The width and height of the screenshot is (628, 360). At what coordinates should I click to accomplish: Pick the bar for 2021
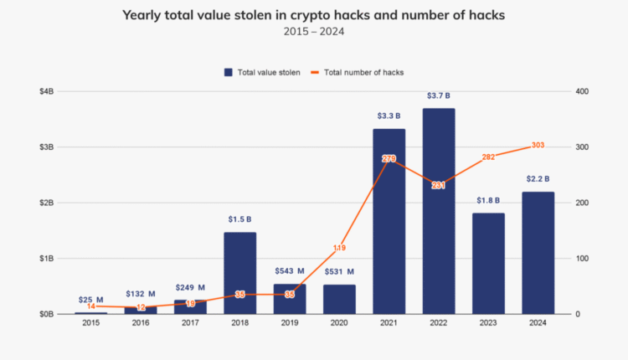(x=389, y=222)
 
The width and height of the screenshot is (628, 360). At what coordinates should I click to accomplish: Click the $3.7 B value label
(x=439, y=95)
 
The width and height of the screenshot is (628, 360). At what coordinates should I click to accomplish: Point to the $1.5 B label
(x=240, y=219)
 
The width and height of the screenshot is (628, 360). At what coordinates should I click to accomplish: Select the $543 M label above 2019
(x=290, y=271)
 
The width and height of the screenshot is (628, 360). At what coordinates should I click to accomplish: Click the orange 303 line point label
(x=538, y=146)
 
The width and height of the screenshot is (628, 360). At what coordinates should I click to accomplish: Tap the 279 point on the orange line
(x=389, y=158)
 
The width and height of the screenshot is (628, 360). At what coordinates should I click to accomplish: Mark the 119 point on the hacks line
(x=339, y=248)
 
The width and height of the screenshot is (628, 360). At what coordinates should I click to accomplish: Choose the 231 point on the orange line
(x=439, y=185)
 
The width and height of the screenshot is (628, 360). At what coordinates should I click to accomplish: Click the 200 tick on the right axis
(x=582, y=203)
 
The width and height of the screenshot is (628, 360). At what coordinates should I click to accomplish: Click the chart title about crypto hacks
(x=313, y=15)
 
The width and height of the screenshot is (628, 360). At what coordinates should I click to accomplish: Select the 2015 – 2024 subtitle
(x=313, y=33)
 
